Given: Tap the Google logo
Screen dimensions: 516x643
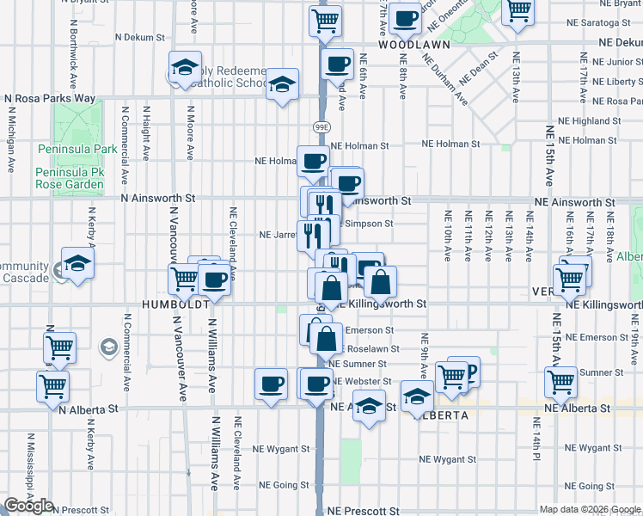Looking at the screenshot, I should (28, 506).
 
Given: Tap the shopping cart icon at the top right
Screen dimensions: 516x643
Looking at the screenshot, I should (518, 11).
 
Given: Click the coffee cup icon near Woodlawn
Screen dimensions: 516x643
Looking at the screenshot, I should (404, 16).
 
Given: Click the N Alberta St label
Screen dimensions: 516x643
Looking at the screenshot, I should (89, 410).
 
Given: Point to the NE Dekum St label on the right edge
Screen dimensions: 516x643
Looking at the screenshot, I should (621, 41).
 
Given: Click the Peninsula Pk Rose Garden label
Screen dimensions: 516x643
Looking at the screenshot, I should (76, 178).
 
